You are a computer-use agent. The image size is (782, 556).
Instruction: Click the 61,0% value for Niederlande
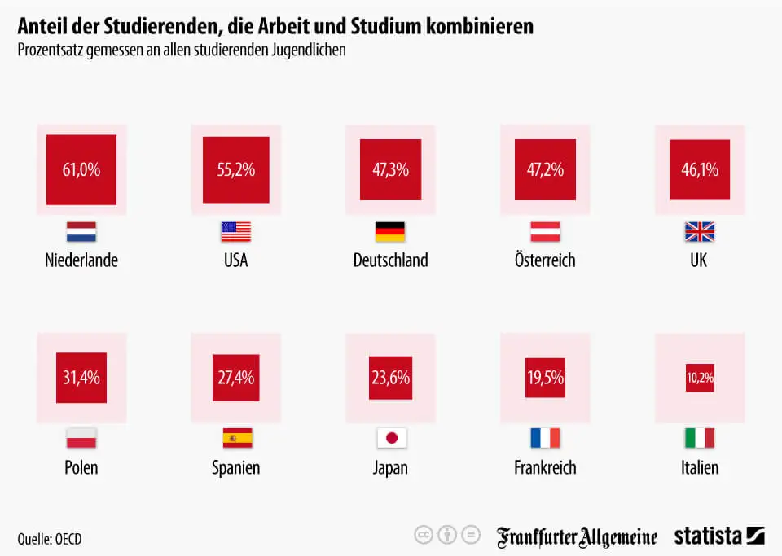pyautogui.click(x=81, y=170)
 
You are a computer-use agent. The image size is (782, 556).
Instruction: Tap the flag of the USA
pyautogui.click(x=235, y=232)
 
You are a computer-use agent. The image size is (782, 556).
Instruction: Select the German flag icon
pyautogui.click(x=390, y=232)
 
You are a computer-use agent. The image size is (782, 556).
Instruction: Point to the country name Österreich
pyautogui.click(x=545, y=260)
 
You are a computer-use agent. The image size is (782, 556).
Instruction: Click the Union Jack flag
pyautogui.click(x=700, y=232)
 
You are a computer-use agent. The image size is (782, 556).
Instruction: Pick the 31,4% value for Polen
pyautogui.click(x=81, y=378)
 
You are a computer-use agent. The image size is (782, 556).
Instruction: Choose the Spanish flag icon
pyautogui.click(x=237, y=438)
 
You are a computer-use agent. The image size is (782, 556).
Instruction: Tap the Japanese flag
pyautogui.click(x=391, y=438)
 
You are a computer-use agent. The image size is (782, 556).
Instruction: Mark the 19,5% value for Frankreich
pyautogui.click(x=545, y=378)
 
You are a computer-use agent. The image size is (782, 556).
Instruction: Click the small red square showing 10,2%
pyautogui.click(x=700, y=378)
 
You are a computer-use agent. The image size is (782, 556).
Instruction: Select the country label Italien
pyautogui.click(x=700, y=467)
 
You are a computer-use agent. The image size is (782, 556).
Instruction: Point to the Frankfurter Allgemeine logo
pyautogui.click(x=577, y=536)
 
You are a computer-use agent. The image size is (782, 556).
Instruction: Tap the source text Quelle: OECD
pyautogui.click(x=50, y=539)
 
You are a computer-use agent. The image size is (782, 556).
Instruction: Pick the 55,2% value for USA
pyautogui.click(x=235, y=170)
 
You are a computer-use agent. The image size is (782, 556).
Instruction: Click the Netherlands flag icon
pyautogui.click(x=81, y=232)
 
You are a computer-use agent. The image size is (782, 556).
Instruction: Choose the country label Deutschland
pyautogui.click(x=390, y=260)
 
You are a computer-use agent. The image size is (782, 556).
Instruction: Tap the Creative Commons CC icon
pyautogui.click(x=423, y=535)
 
